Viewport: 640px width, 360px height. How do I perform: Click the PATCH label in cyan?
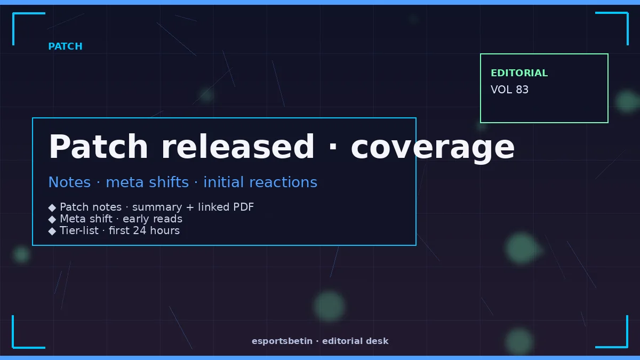[65, 46]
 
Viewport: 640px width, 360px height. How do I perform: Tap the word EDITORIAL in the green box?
[519, 73]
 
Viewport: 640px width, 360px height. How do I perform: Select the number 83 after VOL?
[522, 90]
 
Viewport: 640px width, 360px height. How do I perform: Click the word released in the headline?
[238, 147]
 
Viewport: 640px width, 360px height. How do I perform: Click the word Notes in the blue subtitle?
[69, 182]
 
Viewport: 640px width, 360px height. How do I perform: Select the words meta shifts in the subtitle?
[147, 182]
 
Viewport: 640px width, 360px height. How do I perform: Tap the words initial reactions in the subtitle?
[260, 182]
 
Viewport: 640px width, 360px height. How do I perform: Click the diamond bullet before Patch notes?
[52, 207]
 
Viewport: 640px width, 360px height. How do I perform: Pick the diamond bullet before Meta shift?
[52, 219]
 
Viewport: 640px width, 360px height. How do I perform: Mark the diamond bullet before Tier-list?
[52, 231]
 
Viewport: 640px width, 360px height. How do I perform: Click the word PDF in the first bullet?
[243, 207]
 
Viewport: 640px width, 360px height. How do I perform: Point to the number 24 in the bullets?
[139, 230]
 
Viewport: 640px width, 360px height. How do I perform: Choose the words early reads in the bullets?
[153, 219]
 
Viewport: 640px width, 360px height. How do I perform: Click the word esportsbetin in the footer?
[282, 341]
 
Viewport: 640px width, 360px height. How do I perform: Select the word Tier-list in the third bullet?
[79, 230]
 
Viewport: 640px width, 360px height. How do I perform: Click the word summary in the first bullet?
[157, 207]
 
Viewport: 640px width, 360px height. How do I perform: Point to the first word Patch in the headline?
[98, 147]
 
